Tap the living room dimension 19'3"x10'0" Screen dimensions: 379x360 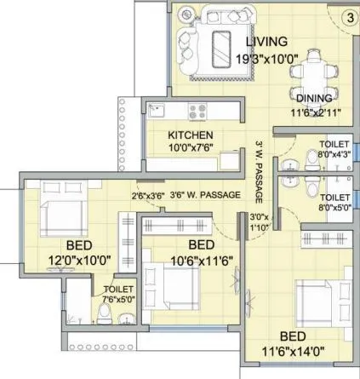[266, 60]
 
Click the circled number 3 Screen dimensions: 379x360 [349, 15]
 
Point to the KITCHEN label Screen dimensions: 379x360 [190, 135]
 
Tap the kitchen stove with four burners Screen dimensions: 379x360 [198, 111]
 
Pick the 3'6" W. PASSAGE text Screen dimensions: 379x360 [207, 196]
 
